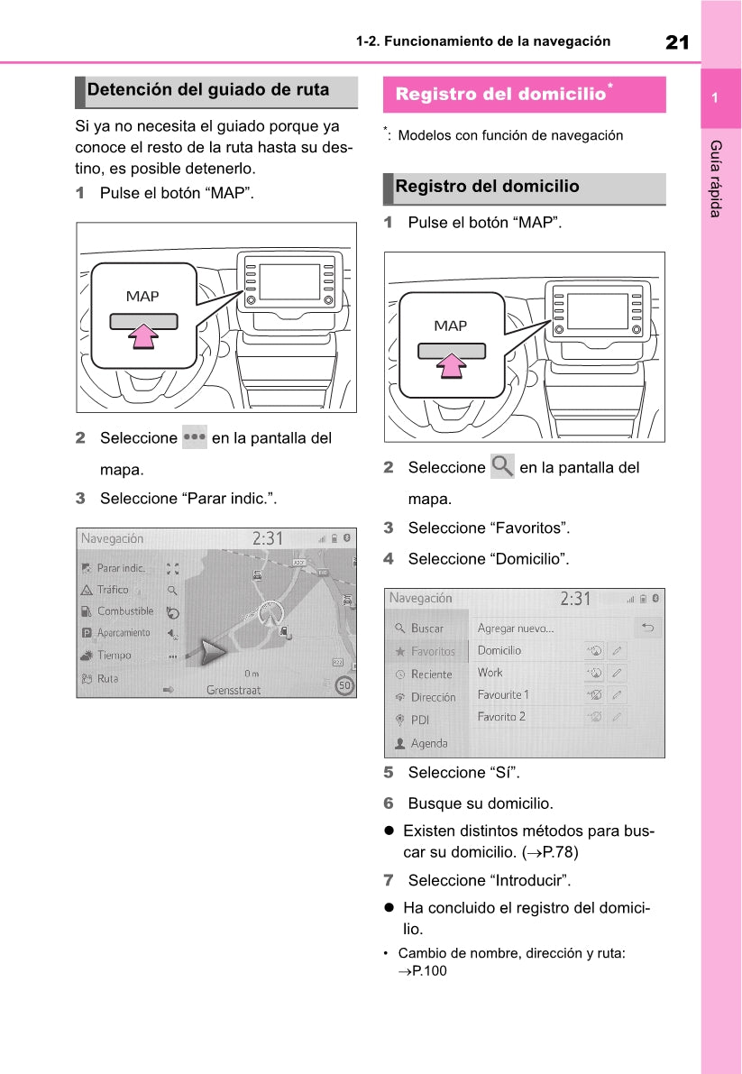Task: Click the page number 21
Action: tap(677, 41)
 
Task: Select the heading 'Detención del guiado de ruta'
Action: tap(208, 90)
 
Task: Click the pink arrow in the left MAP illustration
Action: tap(143, 335)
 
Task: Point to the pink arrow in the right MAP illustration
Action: tap(452, 364)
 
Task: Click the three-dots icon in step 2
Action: tap(194, 437)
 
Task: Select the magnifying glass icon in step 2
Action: tap(502, 466)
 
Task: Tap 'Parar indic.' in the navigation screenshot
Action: tap(121, 568)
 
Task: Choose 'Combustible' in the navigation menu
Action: tap(125, 611)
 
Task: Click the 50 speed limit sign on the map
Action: tap(344, 686)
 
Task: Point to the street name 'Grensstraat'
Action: tap(234, 690)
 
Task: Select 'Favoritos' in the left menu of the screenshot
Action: tap(433, 651)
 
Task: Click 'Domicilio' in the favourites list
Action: tap(499, 650)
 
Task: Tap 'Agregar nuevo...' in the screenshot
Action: tap(516, 629)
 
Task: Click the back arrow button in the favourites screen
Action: tap(646, 628)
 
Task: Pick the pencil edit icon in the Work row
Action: tap(617, 673)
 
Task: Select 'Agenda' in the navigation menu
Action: tap(429, 743)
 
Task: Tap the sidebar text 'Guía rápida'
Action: tap(715, 179)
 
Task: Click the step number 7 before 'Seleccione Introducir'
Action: tap(389, 880)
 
